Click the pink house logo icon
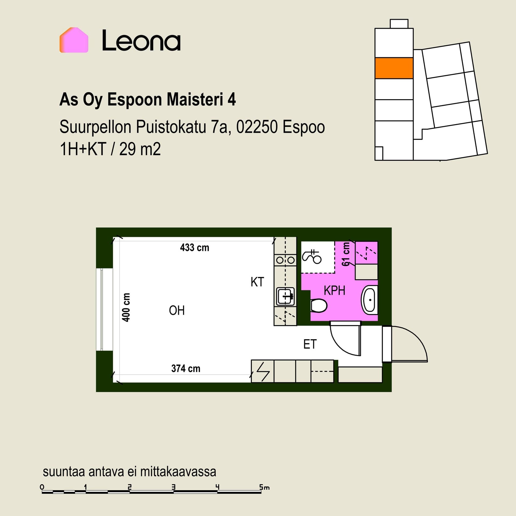(x=74, y=40)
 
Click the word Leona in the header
(x=141, y=41)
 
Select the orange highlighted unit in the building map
(x=394, y=68)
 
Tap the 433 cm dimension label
(x=195, y=248)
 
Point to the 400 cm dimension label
(x=126, y=307)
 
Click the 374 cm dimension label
(x=186, y=368)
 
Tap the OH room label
(x=177, y=310)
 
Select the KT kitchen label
(x=257, y=282)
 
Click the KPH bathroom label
(x=334, y=291)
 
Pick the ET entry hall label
(x=310, y=344)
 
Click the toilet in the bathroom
(x=319, y=306)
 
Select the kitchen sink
(x=285, y=296)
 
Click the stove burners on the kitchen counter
(x=285, y=260)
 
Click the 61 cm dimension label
(x=346, y=254)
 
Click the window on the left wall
(x=102, y=309)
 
